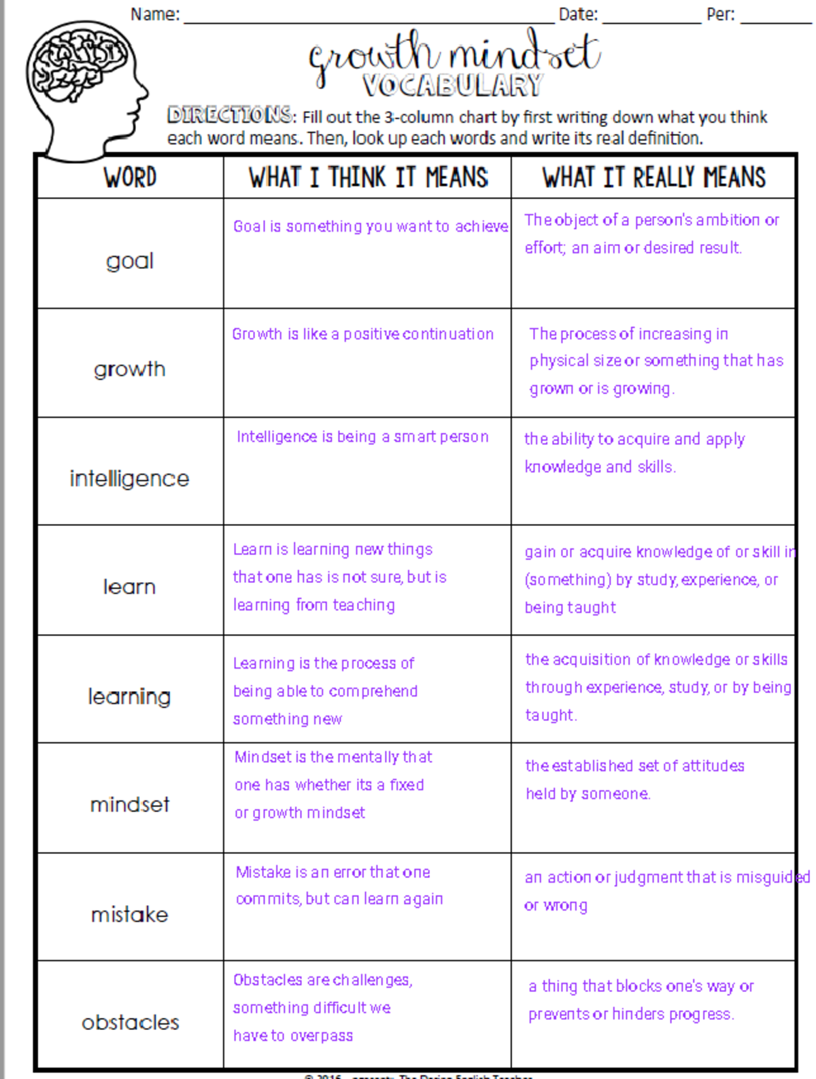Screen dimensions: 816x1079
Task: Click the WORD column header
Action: tap(130, 178)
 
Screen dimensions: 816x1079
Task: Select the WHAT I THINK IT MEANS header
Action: tap(368, 178)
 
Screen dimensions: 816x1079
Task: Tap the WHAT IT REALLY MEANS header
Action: tap(653, 178)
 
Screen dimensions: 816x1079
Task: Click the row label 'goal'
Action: tap(130, 261)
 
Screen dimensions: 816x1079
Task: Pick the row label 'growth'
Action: tap(130, 369)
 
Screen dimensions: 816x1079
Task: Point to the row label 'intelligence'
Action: tap(130, 478)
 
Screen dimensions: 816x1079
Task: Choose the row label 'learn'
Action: tap(130, 586)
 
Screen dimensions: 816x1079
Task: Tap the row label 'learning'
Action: tap(130, 696)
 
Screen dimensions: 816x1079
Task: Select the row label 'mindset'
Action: tap(130, 804)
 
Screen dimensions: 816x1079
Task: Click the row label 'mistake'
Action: tap(130, 915)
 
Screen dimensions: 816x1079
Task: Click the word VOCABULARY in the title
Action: tap(452, 86)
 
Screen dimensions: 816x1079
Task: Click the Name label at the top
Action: tap(155, 14)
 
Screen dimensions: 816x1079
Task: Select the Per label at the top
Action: tap(721, 14)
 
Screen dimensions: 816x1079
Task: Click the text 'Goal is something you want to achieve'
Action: tap(371, 226)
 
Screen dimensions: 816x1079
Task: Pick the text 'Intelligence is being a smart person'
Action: tap(362, 436)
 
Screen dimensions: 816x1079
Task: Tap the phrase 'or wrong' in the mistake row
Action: tap(556, 906)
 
